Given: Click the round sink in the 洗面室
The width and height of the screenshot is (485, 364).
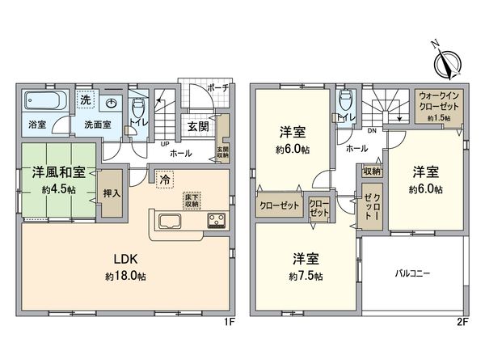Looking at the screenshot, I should pyautogui.click(x=112, y=103).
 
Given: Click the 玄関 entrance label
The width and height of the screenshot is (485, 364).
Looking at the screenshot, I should pyautogui.click(x=197, y=126).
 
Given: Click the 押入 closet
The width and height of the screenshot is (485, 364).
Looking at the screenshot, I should pyautogui.click(x=112, y=195).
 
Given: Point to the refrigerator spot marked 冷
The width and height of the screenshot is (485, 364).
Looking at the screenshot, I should pyautogui.click(x=163, y=180).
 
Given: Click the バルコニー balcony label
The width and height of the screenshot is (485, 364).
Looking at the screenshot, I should pyautogui.click(x=412, y=273).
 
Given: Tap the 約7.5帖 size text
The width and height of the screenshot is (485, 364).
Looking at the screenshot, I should pyautogui.click(x=306, y=276).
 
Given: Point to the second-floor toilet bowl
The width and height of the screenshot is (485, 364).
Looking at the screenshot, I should pyautogui.click(x=345, y=101).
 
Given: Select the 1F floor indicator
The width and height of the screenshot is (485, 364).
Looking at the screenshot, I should pyautogui.click(x=229, y=321).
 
